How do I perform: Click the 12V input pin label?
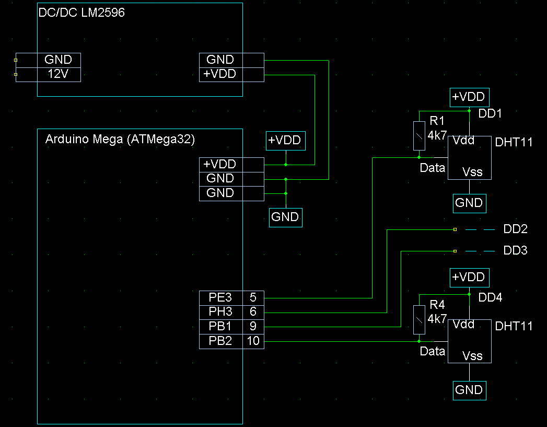58,74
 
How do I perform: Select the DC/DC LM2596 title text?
82,13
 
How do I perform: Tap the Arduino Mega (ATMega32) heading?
120,140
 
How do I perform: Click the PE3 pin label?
220,298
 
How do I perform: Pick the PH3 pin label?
220,312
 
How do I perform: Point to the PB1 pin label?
220,327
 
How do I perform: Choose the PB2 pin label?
220,342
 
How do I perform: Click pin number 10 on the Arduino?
253,342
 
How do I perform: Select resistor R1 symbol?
419,135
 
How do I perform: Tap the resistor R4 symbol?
419,320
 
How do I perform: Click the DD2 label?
515,229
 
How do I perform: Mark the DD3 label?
515,251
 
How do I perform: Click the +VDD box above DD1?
469,97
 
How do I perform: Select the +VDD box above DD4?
469,277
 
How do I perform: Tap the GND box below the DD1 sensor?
469,203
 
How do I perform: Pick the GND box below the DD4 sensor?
469,390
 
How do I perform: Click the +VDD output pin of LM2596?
220,74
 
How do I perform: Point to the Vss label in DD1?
472,171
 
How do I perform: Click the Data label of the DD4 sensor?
433,351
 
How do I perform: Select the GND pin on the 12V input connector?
58,60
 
